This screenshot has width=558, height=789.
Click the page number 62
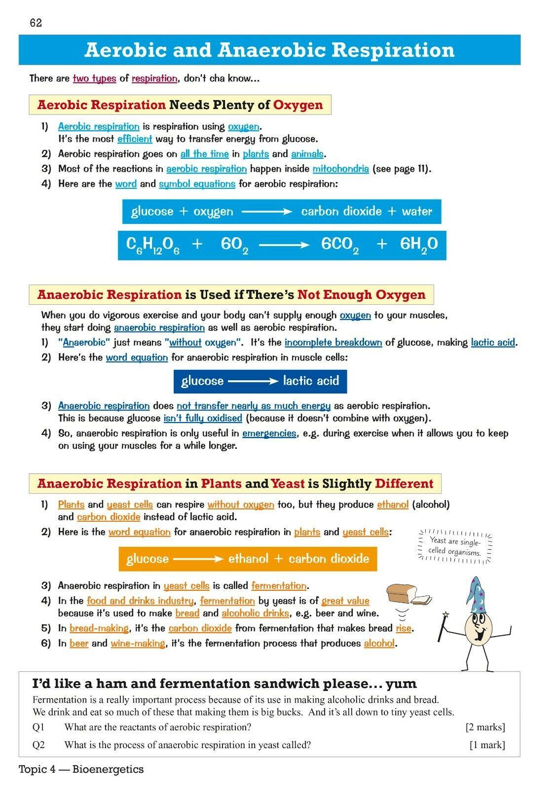pyautogui.click(x=36, y=23)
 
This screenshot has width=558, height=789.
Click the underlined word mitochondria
pyautogui.click(x=340, y=169)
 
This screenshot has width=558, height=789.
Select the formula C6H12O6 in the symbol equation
pyautogui.click(x=152, y=245)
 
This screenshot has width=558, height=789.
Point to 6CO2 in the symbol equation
pyautogui.click(x=340, y=245)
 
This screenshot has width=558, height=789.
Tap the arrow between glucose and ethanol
pyautogui.click(x=198, y=559)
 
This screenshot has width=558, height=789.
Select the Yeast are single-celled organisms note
pyautogui.click(x=454, y=547)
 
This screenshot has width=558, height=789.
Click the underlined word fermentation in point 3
pyautogui.click(x=279, y=586)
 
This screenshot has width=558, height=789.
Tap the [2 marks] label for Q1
pyautogui.click(x=485, y=727)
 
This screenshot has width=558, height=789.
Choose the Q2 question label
pyautogui.click(x=38, y=745)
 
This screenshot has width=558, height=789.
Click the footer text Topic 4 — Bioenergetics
pyautogui.click(x=81, y=769)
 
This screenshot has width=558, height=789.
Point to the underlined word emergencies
pyautogui.click(x=269, y=433)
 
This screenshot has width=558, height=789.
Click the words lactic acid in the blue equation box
pyautogui.click(x=311, y=381)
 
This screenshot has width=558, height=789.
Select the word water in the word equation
pyautogui.click(x=417, y=212)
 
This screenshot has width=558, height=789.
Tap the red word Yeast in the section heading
pyautogui.click(x=288, y=484)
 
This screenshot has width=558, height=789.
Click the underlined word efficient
pyautogui.click(x=135, y=139)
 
